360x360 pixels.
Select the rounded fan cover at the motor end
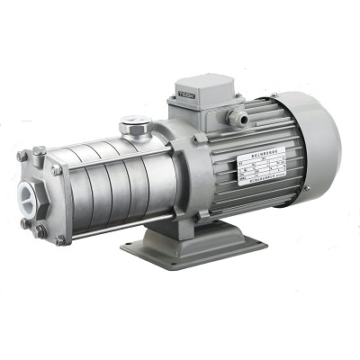(315, 148)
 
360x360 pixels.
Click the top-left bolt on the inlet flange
(20, 157)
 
